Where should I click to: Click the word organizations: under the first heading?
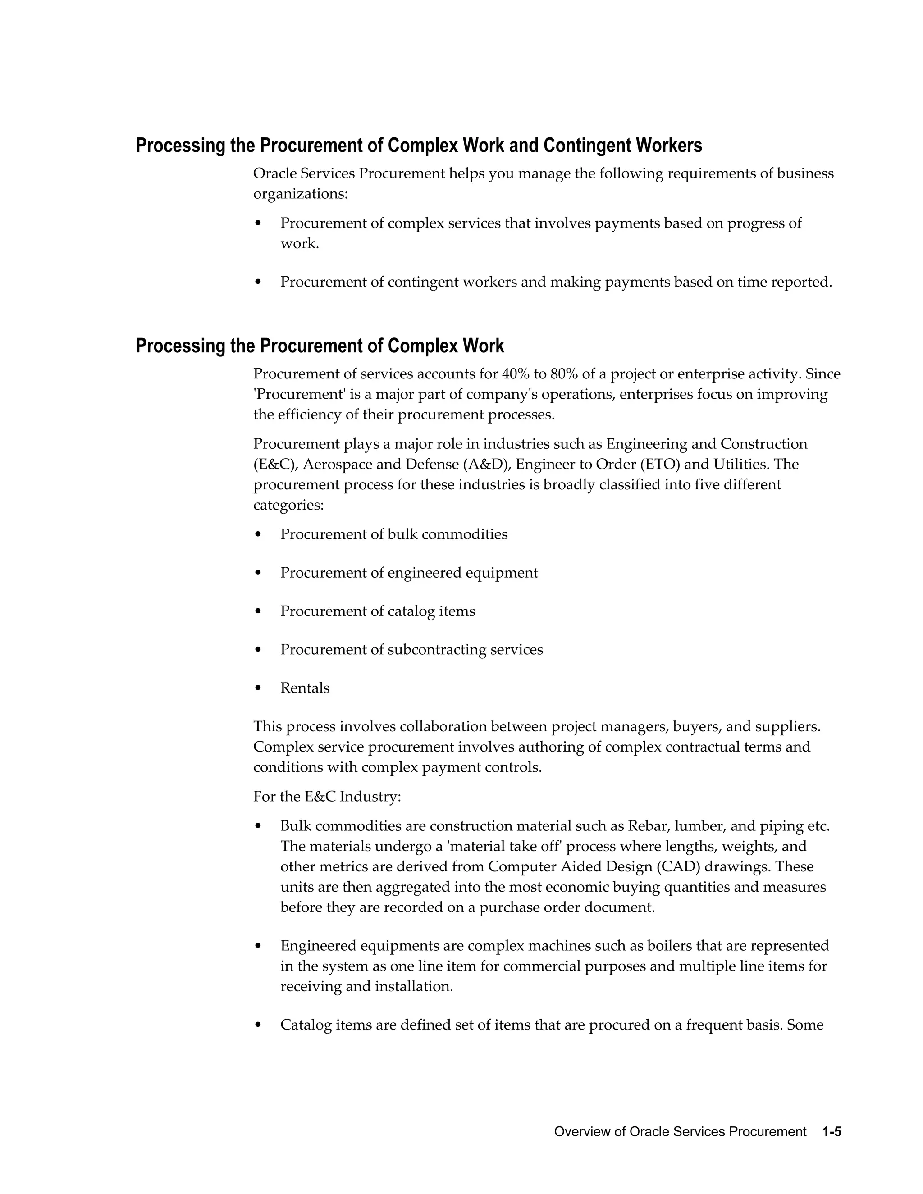click(x=300, y=194)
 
